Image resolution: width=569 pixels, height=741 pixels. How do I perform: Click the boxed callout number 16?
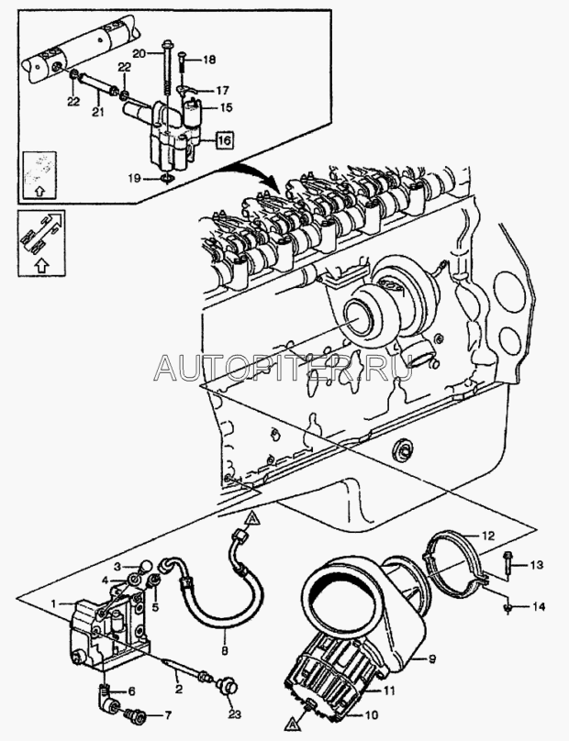224,140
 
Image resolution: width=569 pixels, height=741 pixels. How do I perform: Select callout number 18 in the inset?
209,60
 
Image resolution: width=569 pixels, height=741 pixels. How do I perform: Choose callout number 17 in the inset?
222,90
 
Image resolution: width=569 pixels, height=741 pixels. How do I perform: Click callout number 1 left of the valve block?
57,603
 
